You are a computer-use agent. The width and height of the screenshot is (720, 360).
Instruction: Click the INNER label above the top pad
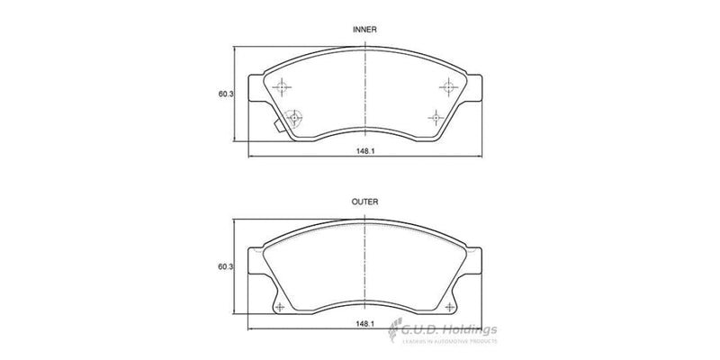[x=363, y=30]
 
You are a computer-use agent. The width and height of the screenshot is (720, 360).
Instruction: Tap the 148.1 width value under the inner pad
[x=364, y=151]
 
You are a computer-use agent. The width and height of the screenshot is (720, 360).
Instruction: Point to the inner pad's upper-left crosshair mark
[x=283, y=86]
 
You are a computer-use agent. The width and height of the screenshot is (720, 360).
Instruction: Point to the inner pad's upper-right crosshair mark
[x=447, y=86]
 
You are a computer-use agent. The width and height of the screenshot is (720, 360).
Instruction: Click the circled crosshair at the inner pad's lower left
[x=293, y=116]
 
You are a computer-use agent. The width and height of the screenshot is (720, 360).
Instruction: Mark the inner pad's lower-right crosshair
[x=436, y=116]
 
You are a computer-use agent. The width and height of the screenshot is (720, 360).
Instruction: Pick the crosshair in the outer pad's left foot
[x=278, y=308]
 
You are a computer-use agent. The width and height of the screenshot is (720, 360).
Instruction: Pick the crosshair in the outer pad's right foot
[x=449, y=308]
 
